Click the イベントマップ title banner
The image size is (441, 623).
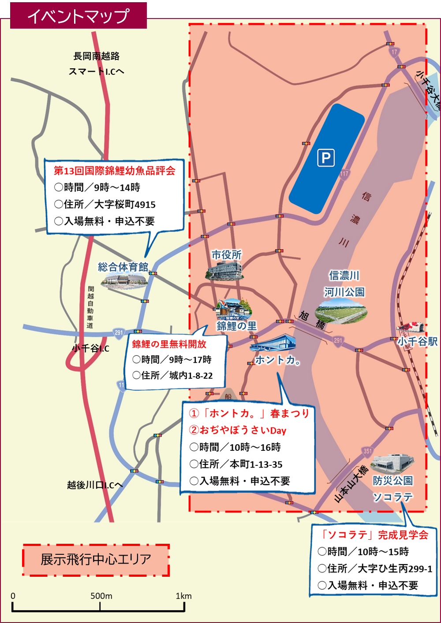78,16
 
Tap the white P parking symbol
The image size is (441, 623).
326,158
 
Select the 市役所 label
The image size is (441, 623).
226,255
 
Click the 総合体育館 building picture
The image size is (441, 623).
123,280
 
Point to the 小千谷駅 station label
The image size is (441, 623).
417,342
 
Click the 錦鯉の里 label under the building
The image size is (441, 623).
236,326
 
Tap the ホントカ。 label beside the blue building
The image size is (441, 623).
278,360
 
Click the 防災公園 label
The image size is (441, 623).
392,481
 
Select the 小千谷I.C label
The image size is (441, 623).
90,349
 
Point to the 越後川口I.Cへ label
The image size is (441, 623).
95,485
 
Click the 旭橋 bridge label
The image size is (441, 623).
313,321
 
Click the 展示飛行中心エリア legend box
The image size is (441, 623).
96,560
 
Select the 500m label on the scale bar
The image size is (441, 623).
101,596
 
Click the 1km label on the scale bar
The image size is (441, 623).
183,596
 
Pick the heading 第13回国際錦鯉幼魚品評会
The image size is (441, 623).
115,171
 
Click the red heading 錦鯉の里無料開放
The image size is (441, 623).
169,344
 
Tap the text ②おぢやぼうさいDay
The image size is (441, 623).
238,430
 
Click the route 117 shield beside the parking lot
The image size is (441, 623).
344,174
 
